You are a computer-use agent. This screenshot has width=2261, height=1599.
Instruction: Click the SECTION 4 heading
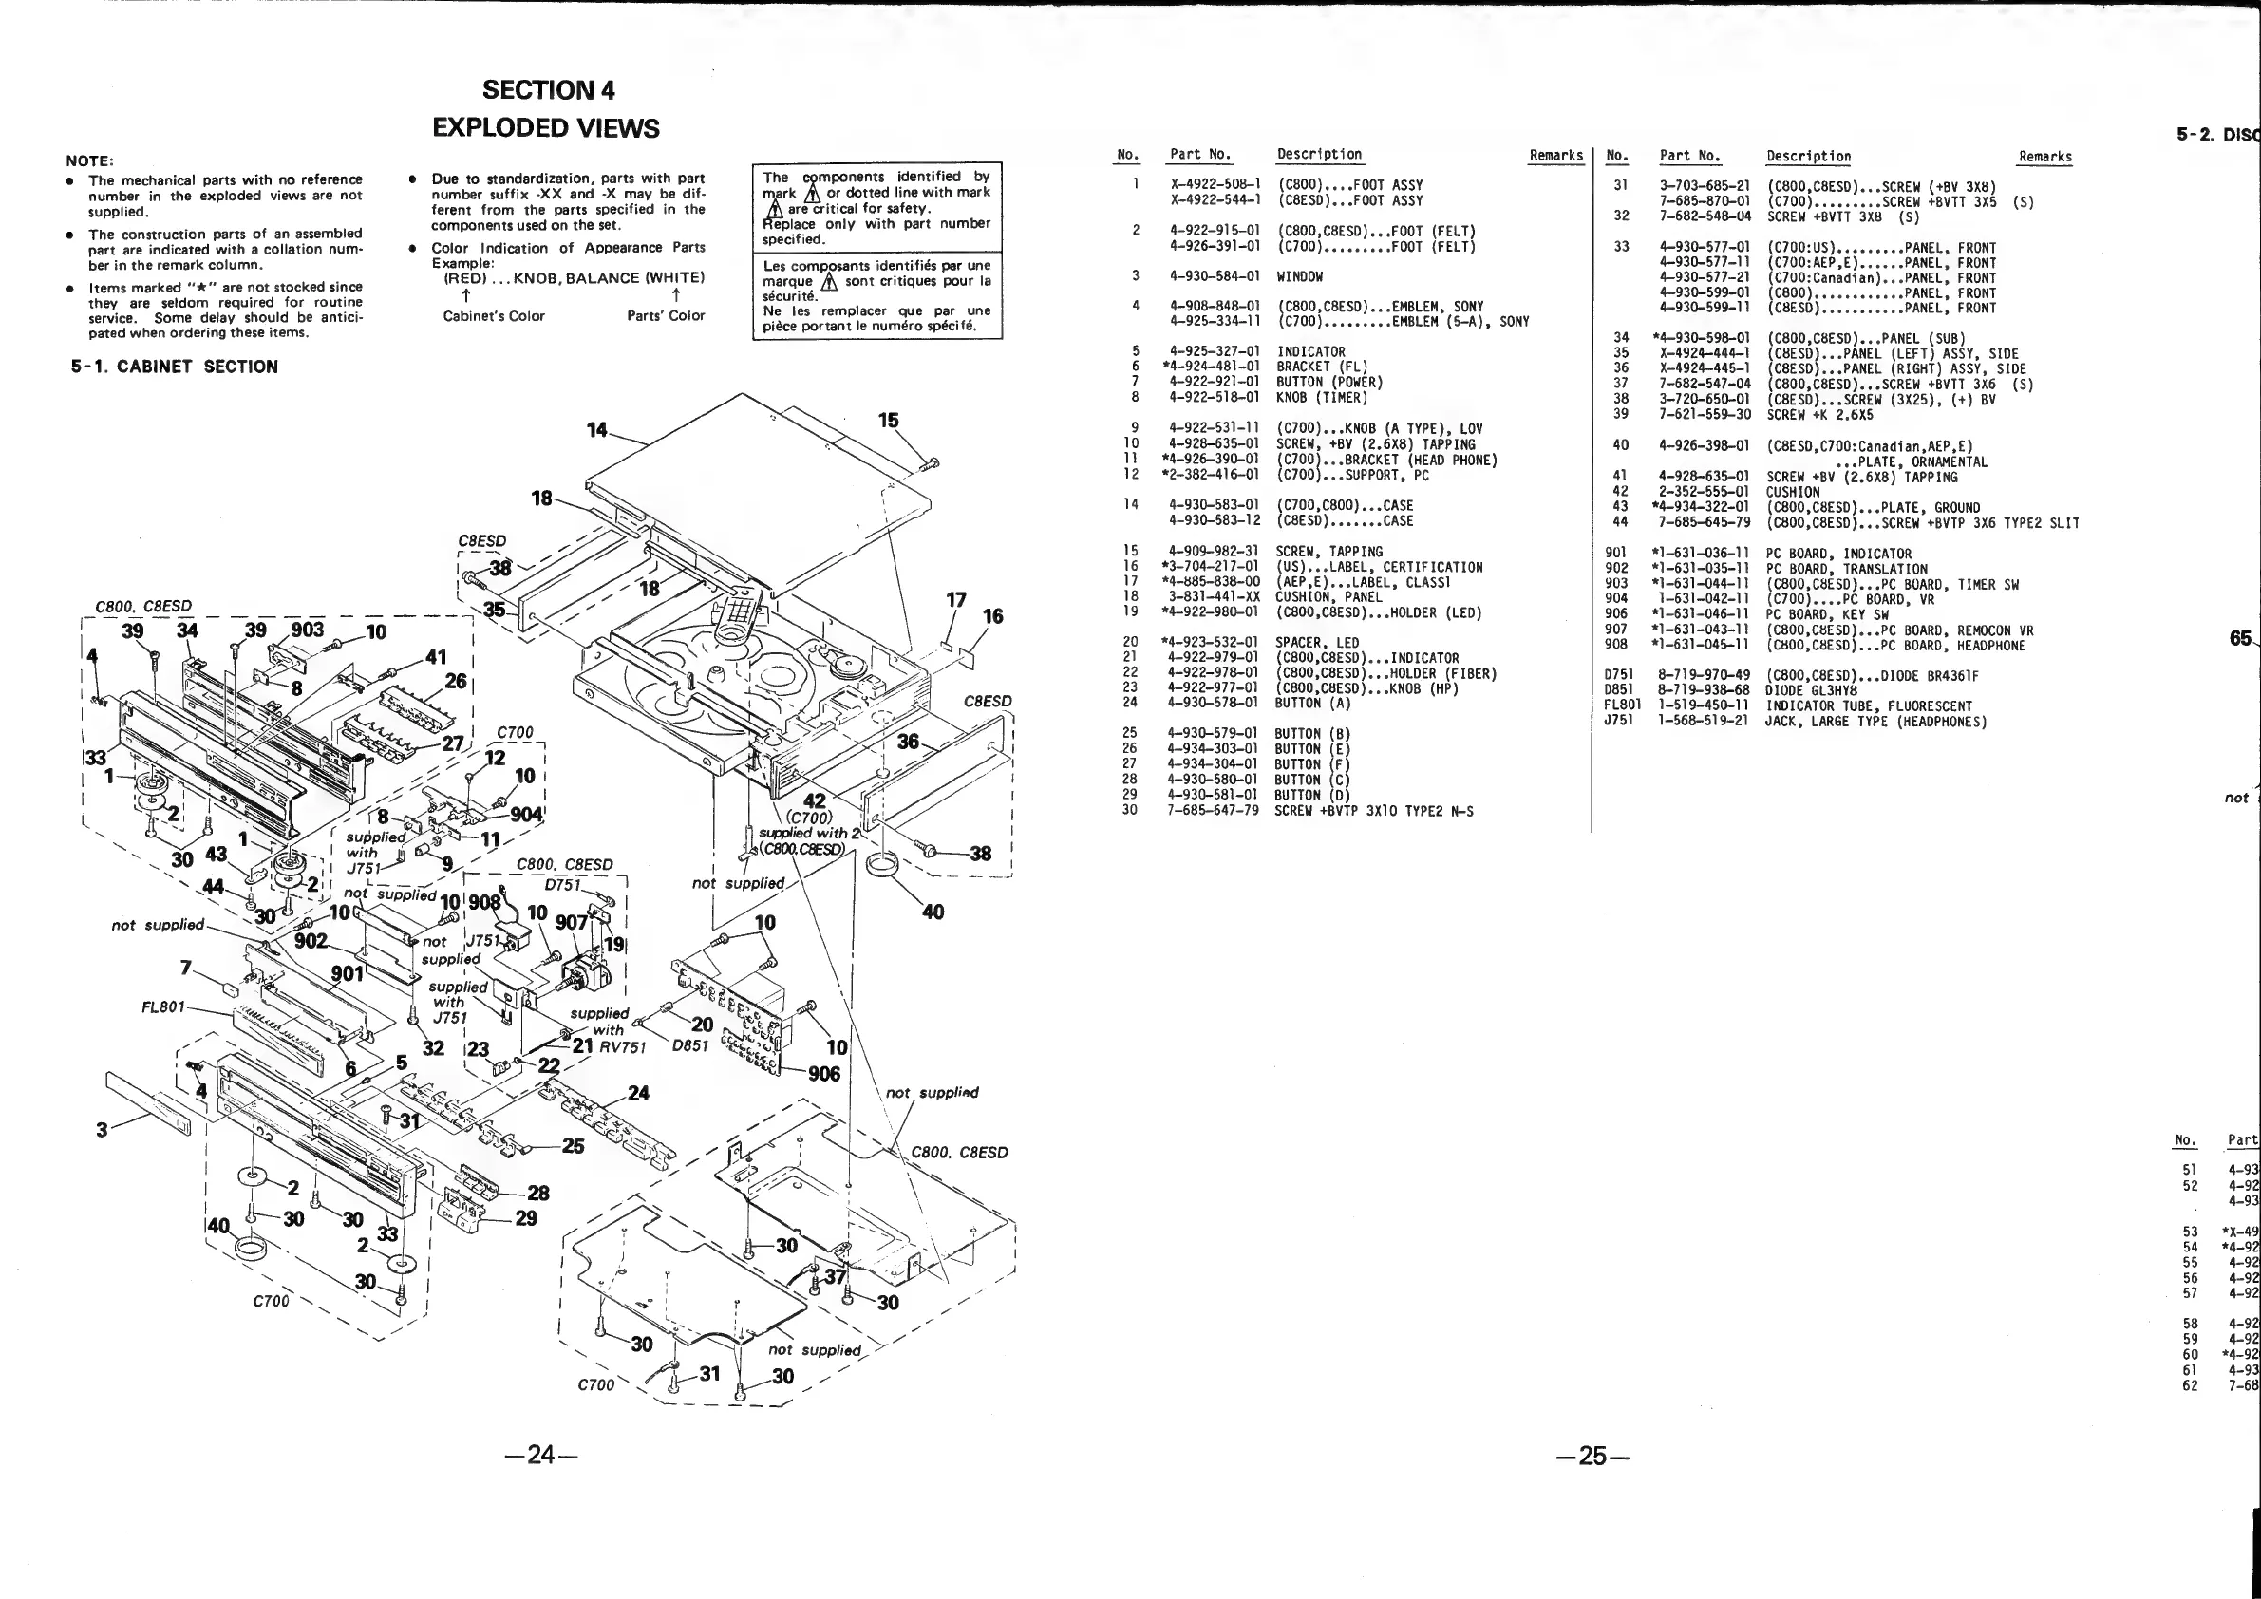pos(549,90)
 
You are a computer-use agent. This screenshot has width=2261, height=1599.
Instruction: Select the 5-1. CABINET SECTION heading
pos(175,367)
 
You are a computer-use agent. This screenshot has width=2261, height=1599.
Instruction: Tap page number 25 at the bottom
pos(1592,1456)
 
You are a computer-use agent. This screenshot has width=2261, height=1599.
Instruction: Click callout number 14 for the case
pos(596,430)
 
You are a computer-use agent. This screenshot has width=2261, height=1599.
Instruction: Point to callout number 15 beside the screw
pos(888,421)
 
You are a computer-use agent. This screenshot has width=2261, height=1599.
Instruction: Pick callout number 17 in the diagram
pos(955,600)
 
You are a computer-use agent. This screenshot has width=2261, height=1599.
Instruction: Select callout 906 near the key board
pos(823,1073)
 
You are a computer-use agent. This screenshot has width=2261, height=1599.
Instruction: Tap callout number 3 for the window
pos(102,1129)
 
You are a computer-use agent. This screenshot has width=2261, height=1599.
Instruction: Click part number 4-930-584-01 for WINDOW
pos(1215,276)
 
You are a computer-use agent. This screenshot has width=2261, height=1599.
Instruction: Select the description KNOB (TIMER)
pos(1322,398)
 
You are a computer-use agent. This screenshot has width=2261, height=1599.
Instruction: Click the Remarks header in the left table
pos(1554,156)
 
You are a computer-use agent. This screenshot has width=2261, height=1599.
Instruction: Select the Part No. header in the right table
pos(1688,156)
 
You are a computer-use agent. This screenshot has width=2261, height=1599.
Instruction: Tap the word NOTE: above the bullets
pos(89,160)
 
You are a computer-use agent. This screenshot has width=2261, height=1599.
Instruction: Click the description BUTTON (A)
pos(1312,703)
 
